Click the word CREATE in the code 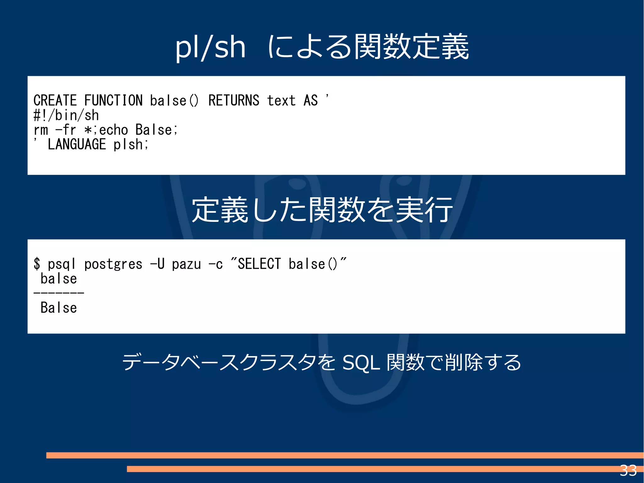55,101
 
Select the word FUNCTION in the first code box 113,101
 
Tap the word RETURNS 234,101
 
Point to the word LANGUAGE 77,144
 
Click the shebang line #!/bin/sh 66,115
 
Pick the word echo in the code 114,130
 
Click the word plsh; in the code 130,144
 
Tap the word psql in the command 62,264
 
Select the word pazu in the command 186,264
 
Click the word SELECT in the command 259,264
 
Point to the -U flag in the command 157,264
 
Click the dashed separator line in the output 59,293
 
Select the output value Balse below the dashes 59,308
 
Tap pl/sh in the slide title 210,47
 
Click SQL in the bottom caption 361,363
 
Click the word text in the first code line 281,101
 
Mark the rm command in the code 41,130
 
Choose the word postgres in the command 113,264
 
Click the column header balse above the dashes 59,279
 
